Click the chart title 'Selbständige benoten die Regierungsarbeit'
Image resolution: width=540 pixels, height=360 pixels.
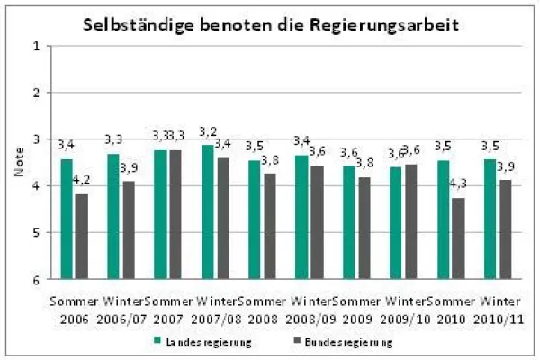point(271,24)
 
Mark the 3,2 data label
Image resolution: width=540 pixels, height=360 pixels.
point(208,132)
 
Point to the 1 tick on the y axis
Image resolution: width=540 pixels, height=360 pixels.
point(37,46)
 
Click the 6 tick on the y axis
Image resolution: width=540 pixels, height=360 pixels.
point(37,280)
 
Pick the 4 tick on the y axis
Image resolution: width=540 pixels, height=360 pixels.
point(37,186)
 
